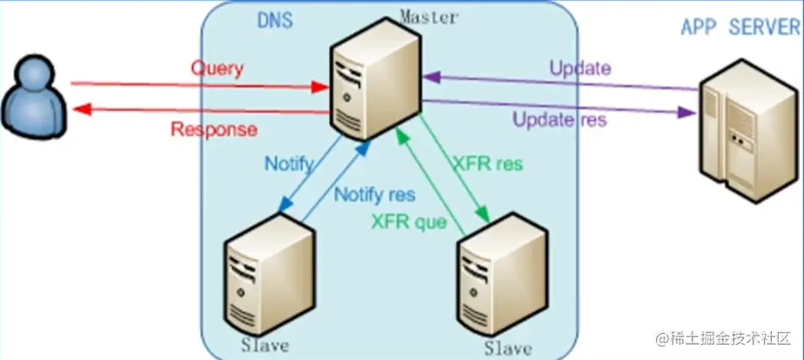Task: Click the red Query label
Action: [x=216, y=68]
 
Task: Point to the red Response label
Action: [x=214, y=129]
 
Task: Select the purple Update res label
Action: [x=560, y=120]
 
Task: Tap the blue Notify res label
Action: [x=375, y=194]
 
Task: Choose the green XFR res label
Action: [x=487, y=163]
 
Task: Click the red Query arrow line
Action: [x=194, y=85]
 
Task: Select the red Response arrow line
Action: [x=194, y=111]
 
